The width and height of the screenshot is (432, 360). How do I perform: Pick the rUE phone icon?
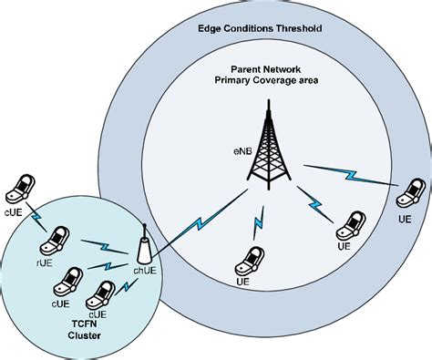point(56,239)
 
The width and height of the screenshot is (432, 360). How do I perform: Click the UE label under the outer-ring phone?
point(405,219)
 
